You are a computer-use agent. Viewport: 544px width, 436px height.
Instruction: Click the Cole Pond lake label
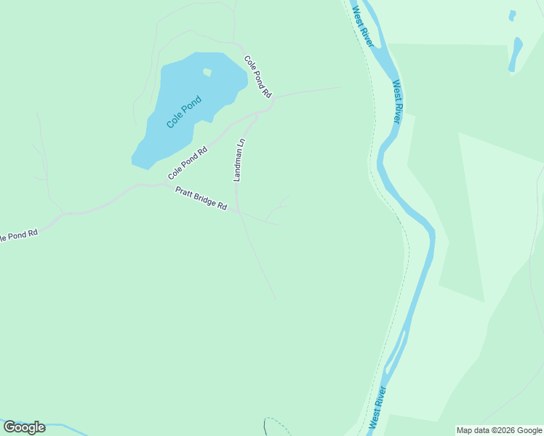pyautogui.click(x=183, y=113)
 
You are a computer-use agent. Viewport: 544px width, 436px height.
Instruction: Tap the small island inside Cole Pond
pyautogui.click(x=207, y=72)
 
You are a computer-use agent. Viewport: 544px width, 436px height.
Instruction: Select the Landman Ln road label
pyautogui.click(x=239, y=159)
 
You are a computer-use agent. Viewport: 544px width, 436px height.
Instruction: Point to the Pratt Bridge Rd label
pyautogui.click(x=201, y=198)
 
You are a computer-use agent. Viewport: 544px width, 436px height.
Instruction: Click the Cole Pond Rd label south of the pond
pyautogui.click(x=188, y=163)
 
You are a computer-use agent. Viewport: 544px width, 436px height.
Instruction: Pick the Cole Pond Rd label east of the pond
pyautogui.click(x=257, y=77)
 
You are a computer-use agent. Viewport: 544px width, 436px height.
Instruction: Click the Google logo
pyautogui.click(x=24, y=427)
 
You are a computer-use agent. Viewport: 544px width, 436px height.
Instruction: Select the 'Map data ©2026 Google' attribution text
pyautogui.click(x=500, y=430)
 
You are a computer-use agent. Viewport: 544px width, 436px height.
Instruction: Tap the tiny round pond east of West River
pyautogui.click(x=513, y=15)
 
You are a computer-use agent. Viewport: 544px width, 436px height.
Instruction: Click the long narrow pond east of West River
pyautogui.click(x=516, y=54)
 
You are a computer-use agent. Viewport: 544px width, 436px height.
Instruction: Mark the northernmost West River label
pyautogui.click(x=362, y=26)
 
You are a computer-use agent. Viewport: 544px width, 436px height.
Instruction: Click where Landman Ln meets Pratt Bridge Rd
pyautogui.click(x=239, y=211)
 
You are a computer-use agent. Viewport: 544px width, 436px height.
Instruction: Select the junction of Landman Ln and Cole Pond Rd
pyautogui.click(x=260, y=113)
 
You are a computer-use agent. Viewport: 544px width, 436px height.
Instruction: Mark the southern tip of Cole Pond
pyautogui.click(x=148, y=167)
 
